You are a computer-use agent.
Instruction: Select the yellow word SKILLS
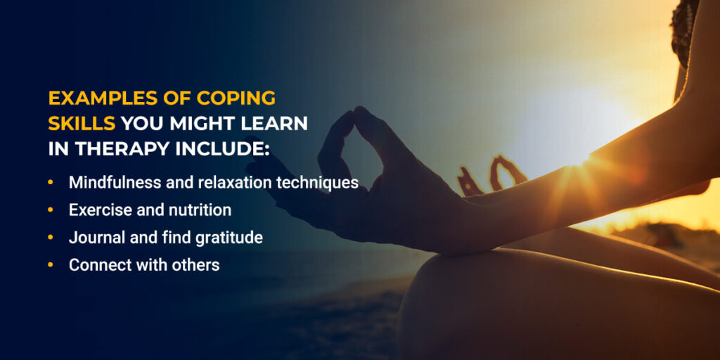82,124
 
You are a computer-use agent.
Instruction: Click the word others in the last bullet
198,265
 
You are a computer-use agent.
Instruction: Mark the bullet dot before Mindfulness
51,183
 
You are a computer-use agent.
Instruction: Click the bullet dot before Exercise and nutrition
51,210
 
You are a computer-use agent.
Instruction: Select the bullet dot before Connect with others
51,265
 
